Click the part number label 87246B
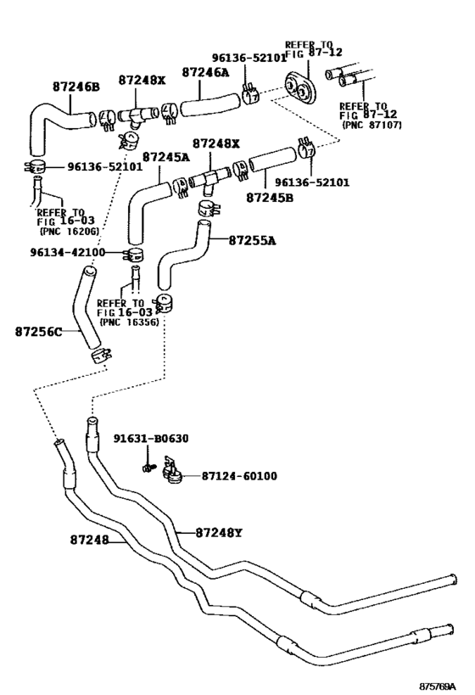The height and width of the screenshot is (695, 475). click(x=75, y=87)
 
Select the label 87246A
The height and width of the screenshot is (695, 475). click(x=205, y=73)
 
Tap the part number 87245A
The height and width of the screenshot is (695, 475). click(x=165, y=157)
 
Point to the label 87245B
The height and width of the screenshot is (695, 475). click(x=271, y=197)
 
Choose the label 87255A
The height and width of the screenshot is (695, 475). click(x=252, y=240)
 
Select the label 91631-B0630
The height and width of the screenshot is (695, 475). click(x=151, y=439)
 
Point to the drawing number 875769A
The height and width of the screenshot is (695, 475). click(x=437, y=685)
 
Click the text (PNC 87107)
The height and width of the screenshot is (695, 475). click(x=371, y=124)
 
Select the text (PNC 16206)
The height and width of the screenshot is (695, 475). click(x=68, y=231)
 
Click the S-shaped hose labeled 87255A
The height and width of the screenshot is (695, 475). click(x=182, y=255)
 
